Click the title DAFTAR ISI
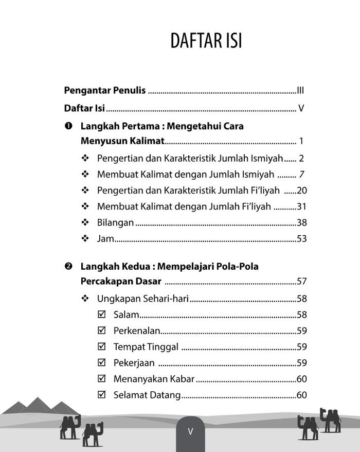pyautogui.click(x=206, y=41)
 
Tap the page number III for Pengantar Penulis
pyautogui.click(x=301, y=91)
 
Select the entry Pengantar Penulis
pyautogui.click(x=105, y=91)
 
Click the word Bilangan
pyautogui.click(x=115, y=222)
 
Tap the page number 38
pyautogui.click(x=301, y=222)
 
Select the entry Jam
pyautogui.click(x=105, y=238)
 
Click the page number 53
pyautogui.click(x=301, y=238)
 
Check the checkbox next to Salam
pyautogui.click(x=101, y=315)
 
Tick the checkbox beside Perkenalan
pyautogui.click(x=101, y=331)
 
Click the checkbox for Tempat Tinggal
pyautogui.click(x=101, y=346)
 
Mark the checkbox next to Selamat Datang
pyautogui.click(x=101, y=395)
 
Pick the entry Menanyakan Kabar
pyautogui.click(x=154, y=379)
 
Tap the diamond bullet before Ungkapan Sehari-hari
pyautogui.click(x=85, y=299)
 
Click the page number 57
pyautogui.click(x=301, y=282)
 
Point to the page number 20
pyautogui.click(x=302, y=190)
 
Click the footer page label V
pyautogui.click(x=190, y=431)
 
